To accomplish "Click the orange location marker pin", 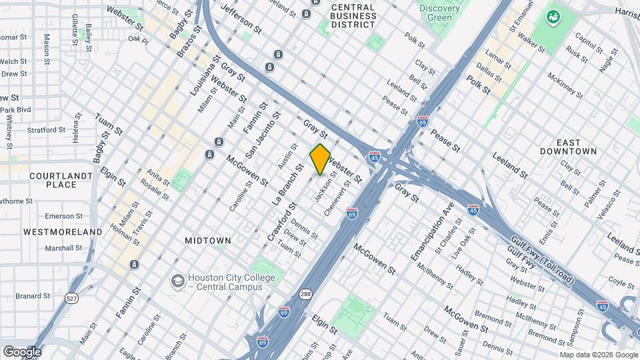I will tap(320, 159).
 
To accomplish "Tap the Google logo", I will tap(21, 351).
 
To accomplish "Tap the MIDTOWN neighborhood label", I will tap(208, 240).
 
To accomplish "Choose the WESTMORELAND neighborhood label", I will tap(63, 232).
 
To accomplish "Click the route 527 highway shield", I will tap(71, 298).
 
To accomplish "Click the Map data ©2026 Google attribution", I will tap(598, 355).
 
